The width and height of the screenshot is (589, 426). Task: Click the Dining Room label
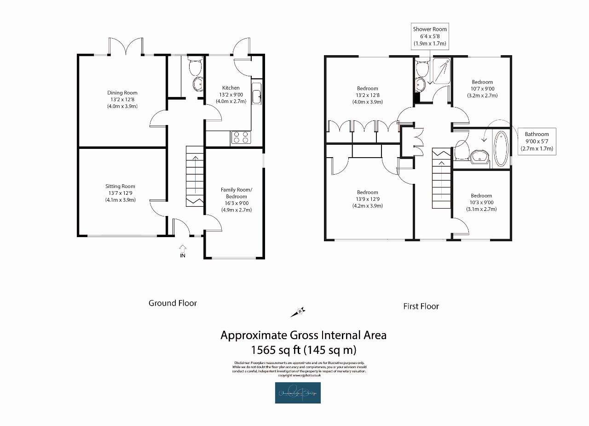coord(122,99)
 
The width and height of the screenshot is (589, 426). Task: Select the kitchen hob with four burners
coord(240,137)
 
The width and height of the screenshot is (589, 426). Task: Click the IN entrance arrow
coord(183,251)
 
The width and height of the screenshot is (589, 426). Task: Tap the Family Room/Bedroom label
coord(237,199)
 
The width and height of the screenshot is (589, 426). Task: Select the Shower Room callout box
coord(430,36)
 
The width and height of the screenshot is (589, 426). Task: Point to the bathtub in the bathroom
coord(501,149)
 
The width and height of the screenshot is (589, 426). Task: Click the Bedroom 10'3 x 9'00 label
coord(481,202)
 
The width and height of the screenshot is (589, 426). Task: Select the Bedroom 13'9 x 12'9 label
coord(367,199)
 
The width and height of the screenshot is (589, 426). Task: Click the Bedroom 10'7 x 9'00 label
coord(482,89)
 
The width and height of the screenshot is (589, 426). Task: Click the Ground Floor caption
coord(173,303)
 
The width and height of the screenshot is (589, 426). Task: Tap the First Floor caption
coord(421,307)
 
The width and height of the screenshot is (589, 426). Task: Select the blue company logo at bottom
coord(298,393)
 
